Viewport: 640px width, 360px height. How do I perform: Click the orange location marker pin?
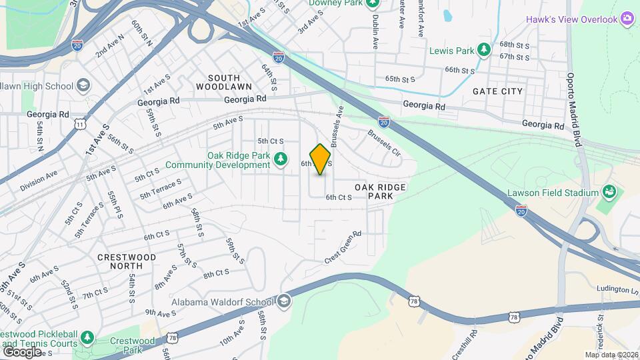click(321, 159)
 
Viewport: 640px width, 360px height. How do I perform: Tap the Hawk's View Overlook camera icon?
click(627, 19)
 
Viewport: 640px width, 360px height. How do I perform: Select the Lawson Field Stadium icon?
click(608, 193)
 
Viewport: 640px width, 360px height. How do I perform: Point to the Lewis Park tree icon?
click(485, 50)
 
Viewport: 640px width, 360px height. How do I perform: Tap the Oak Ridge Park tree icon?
click(281, 157)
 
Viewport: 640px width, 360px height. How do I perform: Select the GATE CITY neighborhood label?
click(498, 91)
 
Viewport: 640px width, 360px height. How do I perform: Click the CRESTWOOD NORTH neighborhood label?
click(127, 261)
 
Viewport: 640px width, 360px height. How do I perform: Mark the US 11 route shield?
click(81, 124)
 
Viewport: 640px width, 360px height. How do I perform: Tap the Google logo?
click(21, 351)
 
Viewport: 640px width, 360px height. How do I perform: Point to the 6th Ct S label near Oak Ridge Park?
click(339, 197)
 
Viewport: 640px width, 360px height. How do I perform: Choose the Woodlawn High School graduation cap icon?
click(83, 85)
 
